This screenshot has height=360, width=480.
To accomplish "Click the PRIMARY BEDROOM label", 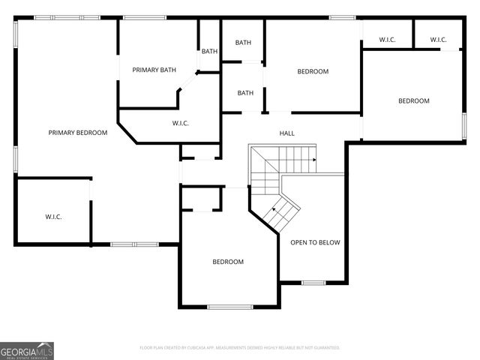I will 78,133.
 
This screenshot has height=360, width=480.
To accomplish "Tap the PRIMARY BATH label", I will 154,70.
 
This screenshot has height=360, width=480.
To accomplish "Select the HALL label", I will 286,133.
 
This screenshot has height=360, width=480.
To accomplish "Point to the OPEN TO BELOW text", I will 315,242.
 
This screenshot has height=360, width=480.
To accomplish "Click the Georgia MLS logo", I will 27,351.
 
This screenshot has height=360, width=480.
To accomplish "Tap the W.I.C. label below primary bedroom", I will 53,217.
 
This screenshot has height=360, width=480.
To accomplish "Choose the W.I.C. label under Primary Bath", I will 180,123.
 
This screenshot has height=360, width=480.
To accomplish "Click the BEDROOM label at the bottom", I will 227,262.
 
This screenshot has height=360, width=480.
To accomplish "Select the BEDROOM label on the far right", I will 413,101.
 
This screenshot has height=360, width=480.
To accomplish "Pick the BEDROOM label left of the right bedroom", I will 313,72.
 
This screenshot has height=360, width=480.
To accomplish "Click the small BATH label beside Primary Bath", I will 209,51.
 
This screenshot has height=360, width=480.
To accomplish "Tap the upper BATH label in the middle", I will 243,43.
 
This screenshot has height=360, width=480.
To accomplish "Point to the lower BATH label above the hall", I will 245,93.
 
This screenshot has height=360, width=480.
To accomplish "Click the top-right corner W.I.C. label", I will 439,40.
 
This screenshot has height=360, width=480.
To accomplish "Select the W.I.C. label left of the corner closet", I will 387,40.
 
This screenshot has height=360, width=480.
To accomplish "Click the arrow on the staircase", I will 315,160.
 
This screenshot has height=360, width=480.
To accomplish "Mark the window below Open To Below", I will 313,282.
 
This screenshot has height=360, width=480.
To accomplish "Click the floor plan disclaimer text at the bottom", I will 240,348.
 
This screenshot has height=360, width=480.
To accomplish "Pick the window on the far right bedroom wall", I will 464,125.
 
